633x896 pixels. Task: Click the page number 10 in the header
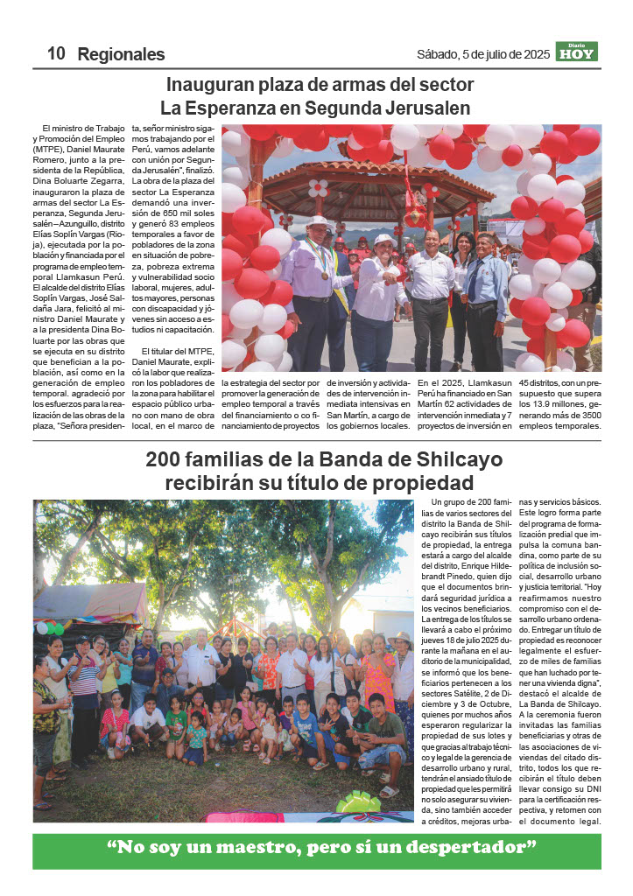coord(57,53)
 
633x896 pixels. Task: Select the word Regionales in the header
coord(121,54)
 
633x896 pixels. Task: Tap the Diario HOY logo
coord(576,52)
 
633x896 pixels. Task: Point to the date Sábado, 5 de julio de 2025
coord(483,54)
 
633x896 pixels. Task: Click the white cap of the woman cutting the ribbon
coord(383,239)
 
